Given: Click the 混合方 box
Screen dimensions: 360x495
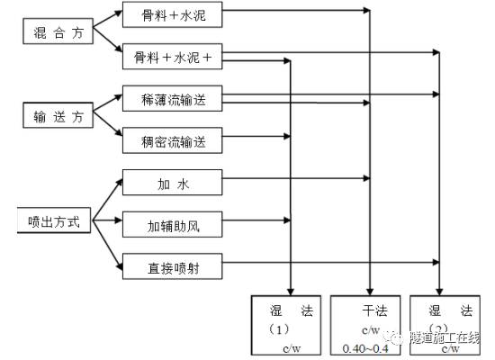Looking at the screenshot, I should (55, 32).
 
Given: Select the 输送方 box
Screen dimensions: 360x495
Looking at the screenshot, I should (55, 115).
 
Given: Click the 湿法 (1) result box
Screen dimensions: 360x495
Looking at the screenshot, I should (285, 325).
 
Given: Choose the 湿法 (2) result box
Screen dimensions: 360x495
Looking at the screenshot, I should (442, 325).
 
